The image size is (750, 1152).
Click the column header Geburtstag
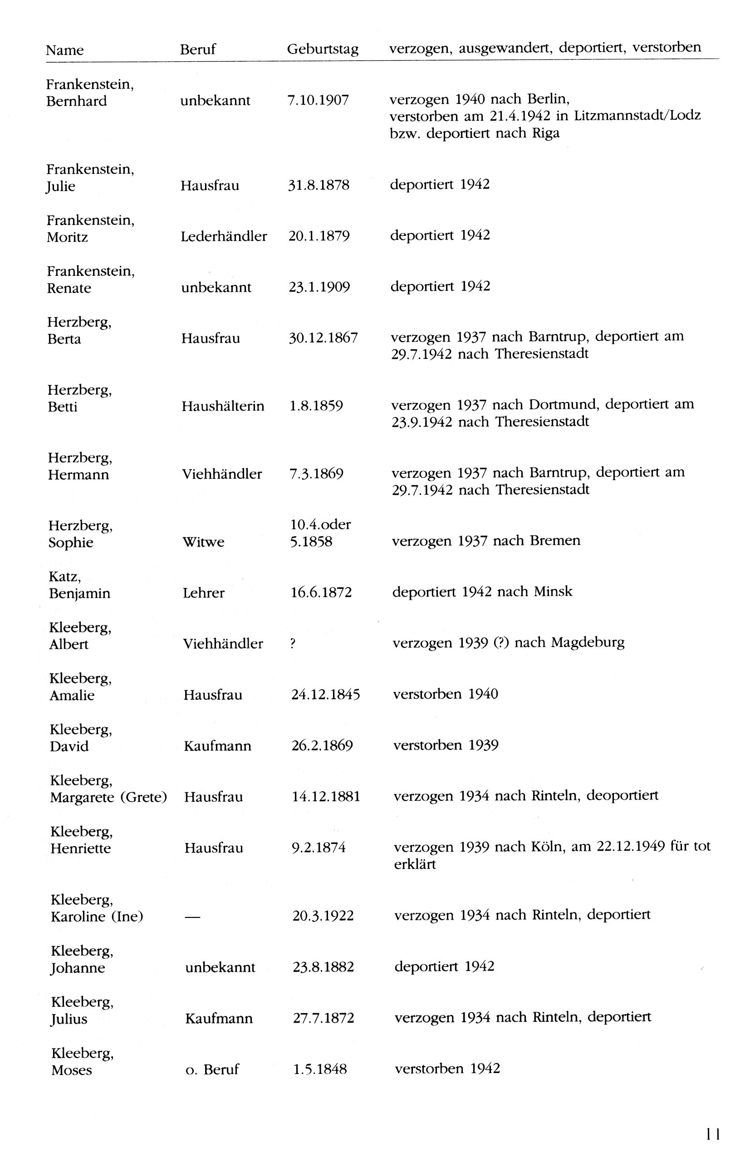[x=323, y=49]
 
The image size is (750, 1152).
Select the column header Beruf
[x=197, y=49]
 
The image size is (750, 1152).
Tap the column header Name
[x=64, y=50]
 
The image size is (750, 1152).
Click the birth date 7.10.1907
[x=318, y=100]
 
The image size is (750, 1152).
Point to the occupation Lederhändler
[x=224, y=236]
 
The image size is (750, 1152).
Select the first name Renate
[x=69, y=288]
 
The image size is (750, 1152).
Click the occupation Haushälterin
[x=223, y=406]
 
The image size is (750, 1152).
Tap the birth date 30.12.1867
[x=323, y=338]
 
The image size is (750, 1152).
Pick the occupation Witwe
[x=203, y=542]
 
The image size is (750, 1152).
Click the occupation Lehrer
[x=203, y=593]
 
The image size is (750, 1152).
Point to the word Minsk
[x=553, y=592]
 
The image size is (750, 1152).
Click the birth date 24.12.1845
[x=325, y=695]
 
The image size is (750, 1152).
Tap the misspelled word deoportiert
[x=622, y=796]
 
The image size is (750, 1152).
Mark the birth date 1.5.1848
[x=319, y=1069]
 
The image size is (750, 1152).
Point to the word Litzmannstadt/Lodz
[x=637, y=116]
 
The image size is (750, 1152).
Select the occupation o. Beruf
[x=211, y=1069]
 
